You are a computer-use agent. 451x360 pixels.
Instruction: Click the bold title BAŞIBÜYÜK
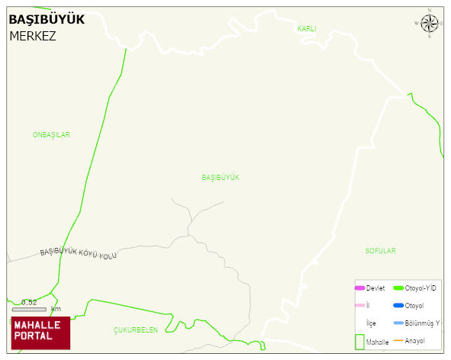47,19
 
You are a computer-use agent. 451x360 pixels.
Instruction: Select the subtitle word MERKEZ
33,36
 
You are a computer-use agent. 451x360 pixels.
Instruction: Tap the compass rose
430,24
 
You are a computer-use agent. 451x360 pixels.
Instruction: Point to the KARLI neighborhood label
307,28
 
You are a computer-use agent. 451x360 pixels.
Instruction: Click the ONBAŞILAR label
51,135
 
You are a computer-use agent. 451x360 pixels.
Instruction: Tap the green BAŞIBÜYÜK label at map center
221,177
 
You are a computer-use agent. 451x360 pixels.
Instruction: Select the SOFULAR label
380,251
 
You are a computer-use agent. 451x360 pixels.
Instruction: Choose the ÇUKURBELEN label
136,330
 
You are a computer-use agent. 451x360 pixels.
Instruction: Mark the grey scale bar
29,309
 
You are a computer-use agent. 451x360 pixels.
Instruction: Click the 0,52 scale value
29,302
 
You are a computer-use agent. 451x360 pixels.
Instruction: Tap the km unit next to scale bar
56,309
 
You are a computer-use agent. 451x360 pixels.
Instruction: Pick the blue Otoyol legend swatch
398,306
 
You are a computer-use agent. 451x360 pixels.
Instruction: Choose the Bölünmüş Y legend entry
422,323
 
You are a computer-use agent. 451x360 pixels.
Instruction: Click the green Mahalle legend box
359,342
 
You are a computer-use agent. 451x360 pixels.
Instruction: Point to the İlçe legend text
371,323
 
